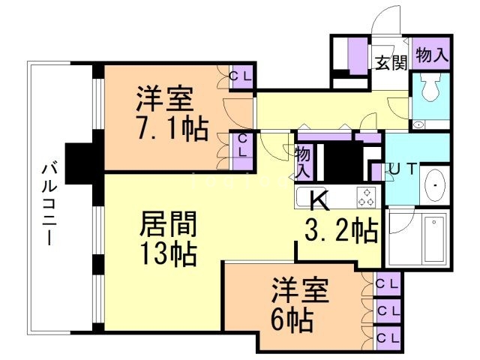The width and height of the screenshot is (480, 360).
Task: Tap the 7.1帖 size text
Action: (x=172, y=130)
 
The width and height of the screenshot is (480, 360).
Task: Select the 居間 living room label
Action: (x=169, y=224)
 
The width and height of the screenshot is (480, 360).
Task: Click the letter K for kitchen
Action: (x=319, y=201)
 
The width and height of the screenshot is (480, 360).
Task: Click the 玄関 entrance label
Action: (x=391, y=62)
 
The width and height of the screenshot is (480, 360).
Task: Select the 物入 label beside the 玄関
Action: (x=431, y=55)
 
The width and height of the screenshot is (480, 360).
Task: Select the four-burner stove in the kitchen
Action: (x=367, y=196)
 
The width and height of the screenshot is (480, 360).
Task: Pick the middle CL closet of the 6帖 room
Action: (x=387, y=309)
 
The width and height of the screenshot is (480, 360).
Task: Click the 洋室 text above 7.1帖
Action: (x=165, y=99)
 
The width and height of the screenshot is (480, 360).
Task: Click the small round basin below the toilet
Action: (x=418, y=124)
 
